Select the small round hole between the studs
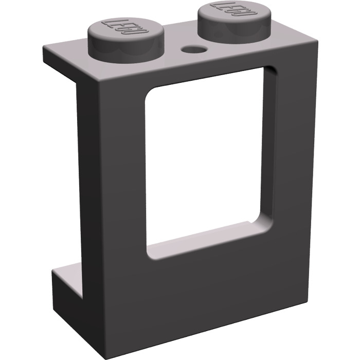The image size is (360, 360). (194, 50)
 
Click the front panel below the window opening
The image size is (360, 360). (206, 293)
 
